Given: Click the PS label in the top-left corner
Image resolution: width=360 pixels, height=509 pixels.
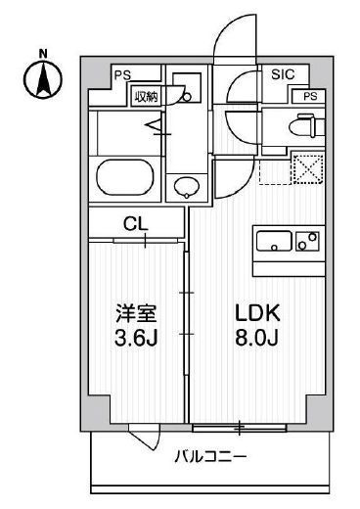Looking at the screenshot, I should click(x=121, y=74).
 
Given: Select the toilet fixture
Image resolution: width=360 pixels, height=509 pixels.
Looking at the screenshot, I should click(x=301, y=126).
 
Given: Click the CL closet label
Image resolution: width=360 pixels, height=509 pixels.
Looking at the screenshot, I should click(x=136, y=223).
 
